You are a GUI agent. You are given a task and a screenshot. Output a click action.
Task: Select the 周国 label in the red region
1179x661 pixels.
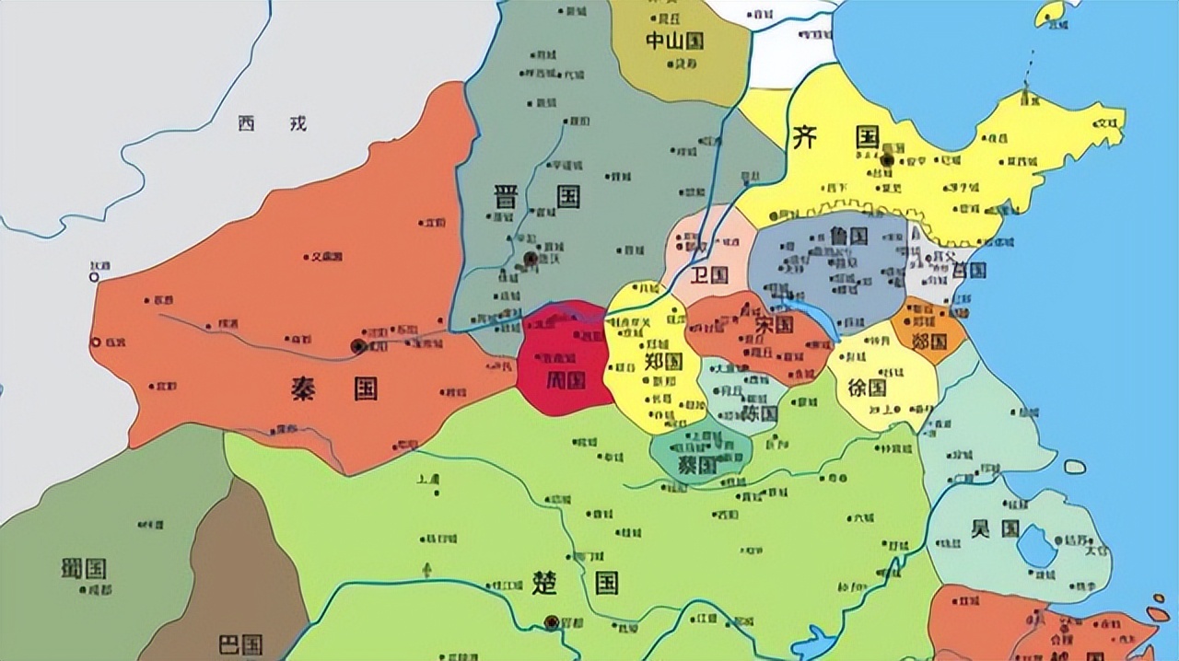point(564,378)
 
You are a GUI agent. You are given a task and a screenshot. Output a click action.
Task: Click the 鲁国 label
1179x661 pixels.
point(848,236)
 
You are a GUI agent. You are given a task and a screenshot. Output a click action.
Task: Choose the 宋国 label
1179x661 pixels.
point(773,324)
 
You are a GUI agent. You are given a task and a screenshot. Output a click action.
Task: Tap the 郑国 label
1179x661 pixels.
point(661,361)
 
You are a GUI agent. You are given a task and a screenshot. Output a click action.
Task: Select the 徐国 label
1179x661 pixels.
point(866,388)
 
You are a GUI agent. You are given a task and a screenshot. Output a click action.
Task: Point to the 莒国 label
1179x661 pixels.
point(969,270)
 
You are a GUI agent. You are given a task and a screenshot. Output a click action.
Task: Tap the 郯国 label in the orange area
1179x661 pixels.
point(930,341)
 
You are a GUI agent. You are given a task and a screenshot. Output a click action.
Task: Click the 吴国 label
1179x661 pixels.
point(995,528)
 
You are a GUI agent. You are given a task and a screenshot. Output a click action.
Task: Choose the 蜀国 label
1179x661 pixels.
point(84,568)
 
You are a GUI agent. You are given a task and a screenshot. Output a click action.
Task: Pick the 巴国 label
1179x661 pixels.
point(240,644)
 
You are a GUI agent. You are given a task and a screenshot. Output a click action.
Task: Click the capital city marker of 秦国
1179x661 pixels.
point(358,346)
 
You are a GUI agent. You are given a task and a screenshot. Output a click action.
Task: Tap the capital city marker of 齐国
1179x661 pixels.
point(887,160)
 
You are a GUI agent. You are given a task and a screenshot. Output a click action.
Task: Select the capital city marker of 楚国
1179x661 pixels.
point(552,622)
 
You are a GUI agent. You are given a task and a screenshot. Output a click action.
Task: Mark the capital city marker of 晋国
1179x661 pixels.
point(531,259)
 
